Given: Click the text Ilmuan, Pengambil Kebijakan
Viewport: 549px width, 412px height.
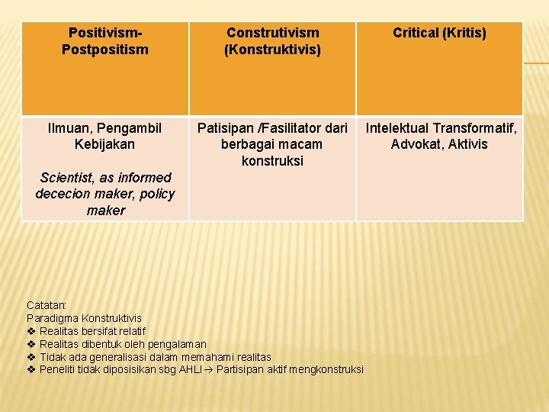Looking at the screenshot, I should [105, 136].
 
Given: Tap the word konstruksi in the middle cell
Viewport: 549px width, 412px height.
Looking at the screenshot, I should [272, 161].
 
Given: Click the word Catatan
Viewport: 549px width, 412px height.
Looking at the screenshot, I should [47, 305].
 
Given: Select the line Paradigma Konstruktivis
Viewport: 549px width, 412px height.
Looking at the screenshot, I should [84, 317].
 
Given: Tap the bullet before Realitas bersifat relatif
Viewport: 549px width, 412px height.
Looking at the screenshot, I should [31, 331].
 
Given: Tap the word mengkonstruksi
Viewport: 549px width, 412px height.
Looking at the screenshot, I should [329, 370].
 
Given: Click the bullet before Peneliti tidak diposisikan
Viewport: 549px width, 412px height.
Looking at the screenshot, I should [31, 370].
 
